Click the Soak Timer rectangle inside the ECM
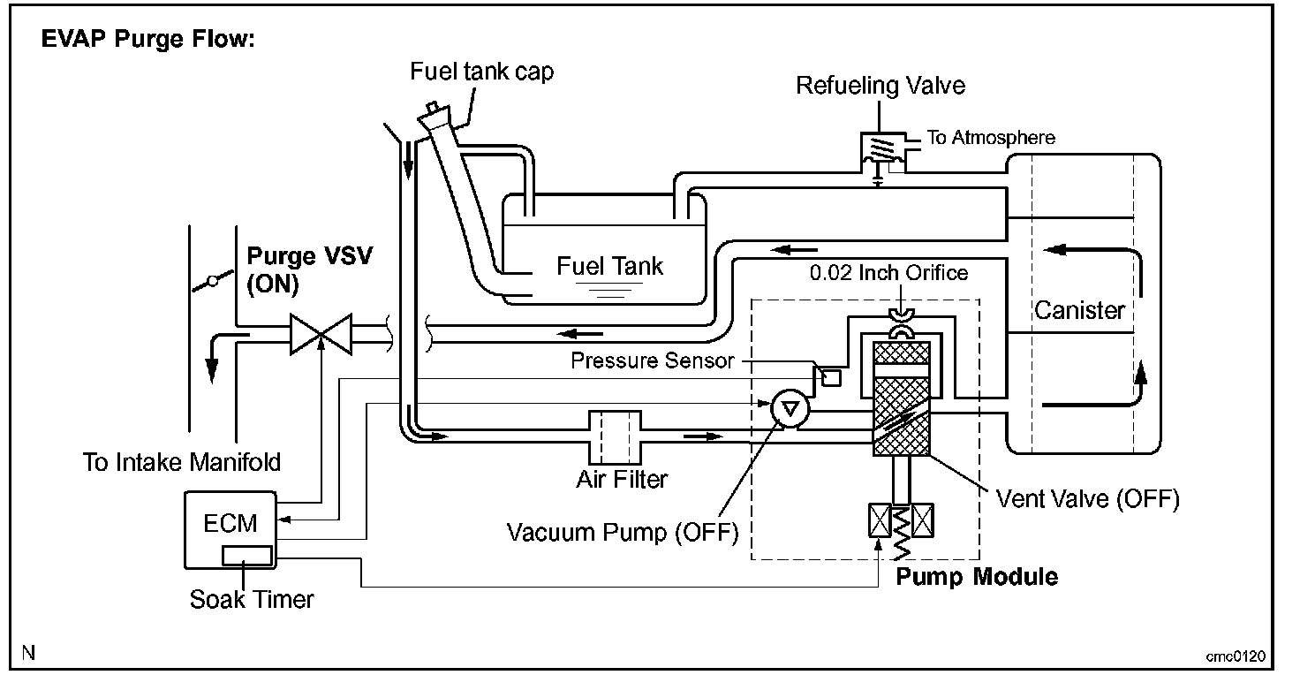[x=246, y=556]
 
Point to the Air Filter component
[x=610, y=435]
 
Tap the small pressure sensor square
[x=831, y=378]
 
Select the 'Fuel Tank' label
[x=609, y=265]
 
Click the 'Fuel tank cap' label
[x=482, y=71]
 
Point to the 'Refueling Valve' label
[x=881, y=86]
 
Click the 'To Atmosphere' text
[x=990, y=138]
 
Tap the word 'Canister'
[x=1080, y=311]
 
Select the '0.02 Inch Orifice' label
[x=888, y=272]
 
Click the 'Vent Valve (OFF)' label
[x=1087, y=499]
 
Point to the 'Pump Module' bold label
[x=977, y=578]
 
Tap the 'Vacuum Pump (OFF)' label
[x=622, y=533]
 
